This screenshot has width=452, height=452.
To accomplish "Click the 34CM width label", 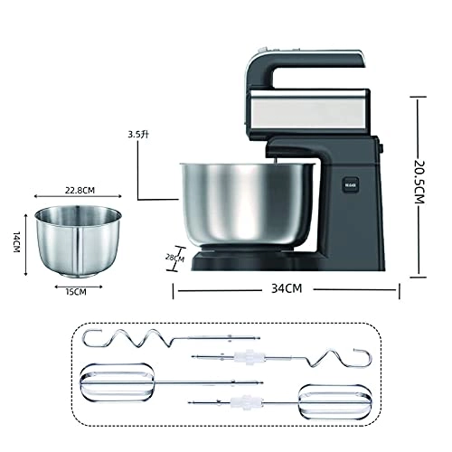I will click(287, 289).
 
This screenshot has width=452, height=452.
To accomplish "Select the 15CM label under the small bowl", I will click(76, 291).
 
